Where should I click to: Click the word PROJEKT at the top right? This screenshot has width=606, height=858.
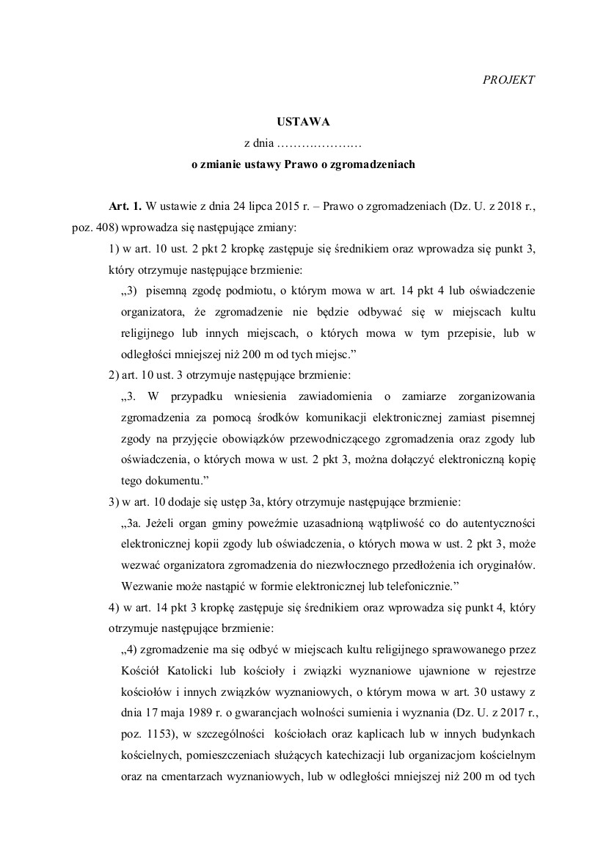tap(508, 80)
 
